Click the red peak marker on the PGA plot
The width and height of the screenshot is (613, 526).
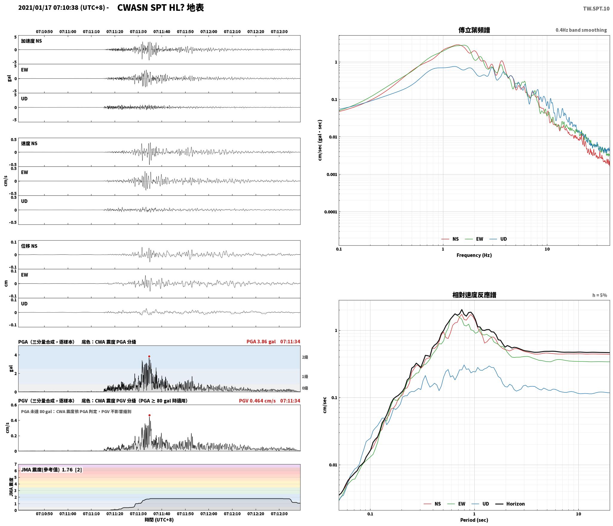pyautogui.click(x=149, y=356)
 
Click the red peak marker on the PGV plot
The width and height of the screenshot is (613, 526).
pyautogui.click(x=149, y=415)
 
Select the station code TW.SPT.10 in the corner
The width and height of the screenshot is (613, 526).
pyautogui.click(x=596, y=9)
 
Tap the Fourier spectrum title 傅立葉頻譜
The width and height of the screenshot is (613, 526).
pyautogui.click(x=474, y=30)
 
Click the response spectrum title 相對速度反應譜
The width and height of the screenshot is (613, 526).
pyautogui.click(x=474, y=295)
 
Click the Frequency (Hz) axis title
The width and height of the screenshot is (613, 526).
pyautogui.click(x=474, y=255)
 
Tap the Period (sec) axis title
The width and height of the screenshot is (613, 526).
pyautogui.click(x=474, y=520)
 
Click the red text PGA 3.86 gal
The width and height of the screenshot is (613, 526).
pyautogui.click(x=261, y=342)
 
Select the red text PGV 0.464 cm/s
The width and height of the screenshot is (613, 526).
pyautogui.click(x=257, y=400)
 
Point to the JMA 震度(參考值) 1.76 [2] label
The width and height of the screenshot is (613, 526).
pyautogui.click(x=51, y=470)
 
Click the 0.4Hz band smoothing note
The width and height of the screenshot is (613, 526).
pyautogui.click(x=581, y=30)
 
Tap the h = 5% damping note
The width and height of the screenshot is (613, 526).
pyautogui.click(x=600, y=295)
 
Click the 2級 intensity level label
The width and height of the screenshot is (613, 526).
pyautogui.click(x=305, y=357)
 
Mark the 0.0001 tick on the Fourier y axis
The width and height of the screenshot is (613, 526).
pyautogui.click(x=331, y=212)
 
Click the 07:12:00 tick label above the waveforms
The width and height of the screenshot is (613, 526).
pyautogui.click(x=209, y=32)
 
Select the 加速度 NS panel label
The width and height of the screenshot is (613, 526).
pyautogui.click(x=31, y=41)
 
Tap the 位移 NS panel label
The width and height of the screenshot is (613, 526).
pyautogui.click(x=29, y=246)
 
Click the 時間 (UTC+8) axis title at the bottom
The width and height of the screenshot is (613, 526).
pyautogui.click(x=159, y=520)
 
